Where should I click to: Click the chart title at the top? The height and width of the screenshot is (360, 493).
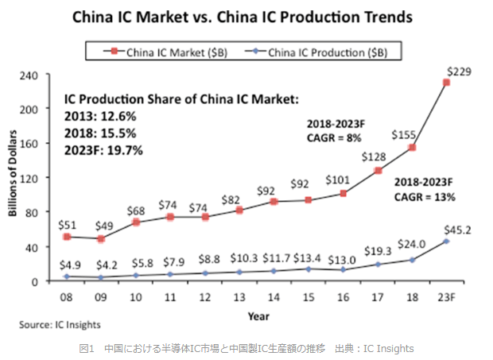point(246,17)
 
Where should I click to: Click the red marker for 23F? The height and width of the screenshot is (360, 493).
point(447,83)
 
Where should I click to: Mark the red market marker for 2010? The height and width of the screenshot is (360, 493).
point(136,223)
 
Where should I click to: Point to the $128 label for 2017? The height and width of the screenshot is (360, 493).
point(375,157)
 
